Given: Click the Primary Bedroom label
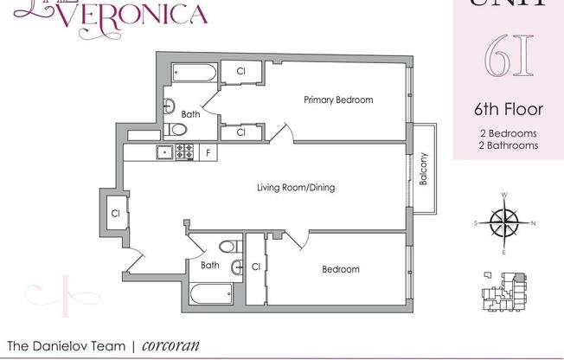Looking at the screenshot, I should [338, 100].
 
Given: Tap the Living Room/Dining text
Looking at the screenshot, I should [295, 187].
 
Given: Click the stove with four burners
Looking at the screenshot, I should [184, 152].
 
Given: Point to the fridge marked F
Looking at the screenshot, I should [208, 152].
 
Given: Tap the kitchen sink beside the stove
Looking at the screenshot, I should [163, 152].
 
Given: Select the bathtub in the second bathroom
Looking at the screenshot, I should [208, 294].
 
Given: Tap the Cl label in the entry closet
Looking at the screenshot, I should [114, 212].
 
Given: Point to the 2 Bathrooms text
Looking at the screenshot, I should [509, 146].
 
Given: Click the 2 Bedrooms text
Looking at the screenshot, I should [509, 133].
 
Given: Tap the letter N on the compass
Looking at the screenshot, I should [533, 223].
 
